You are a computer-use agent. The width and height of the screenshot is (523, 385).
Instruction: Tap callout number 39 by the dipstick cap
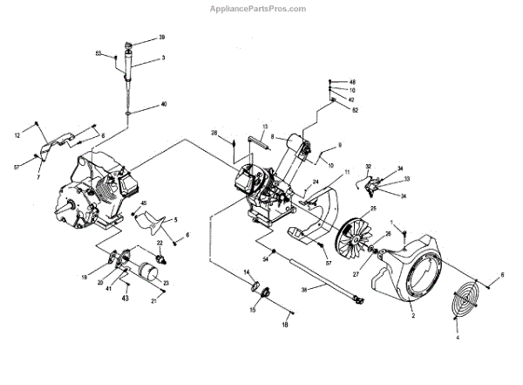click(161, 38)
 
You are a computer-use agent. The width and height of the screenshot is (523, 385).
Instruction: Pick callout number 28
click(214, 133)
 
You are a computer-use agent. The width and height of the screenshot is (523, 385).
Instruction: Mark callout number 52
click(355, 109)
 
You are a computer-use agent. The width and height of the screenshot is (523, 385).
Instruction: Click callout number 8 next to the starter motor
click(272, 137)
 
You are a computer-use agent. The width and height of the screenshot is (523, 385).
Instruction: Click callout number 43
click(126, 299)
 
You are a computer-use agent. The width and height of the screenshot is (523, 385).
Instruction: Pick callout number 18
click(284, 325)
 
